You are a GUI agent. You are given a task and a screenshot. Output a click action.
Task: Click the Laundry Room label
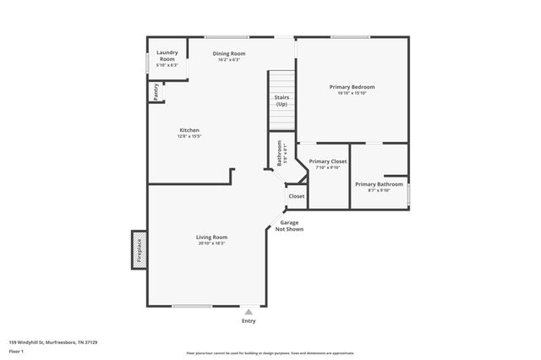(167, 56)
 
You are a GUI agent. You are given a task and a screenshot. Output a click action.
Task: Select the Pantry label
(156, 90)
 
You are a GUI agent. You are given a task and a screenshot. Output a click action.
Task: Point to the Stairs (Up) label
(281, 101)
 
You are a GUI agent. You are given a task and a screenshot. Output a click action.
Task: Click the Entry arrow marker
(249, 312)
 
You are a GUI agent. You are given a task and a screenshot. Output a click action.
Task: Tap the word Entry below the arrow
(249, 321)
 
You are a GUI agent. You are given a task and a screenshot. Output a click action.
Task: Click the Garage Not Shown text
(292, 226)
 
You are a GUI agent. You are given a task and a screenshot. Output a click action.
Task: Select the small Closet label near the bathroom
(297, 196)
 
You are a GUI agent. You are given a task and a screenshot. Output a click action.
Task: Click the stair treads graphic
(281, 82)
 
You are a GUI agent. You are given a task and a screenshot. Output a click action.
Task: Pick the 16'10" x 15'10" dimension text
(352, 93)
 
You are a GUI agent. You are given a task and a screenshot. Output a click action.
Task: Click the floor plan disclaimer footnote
(270, 353)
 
